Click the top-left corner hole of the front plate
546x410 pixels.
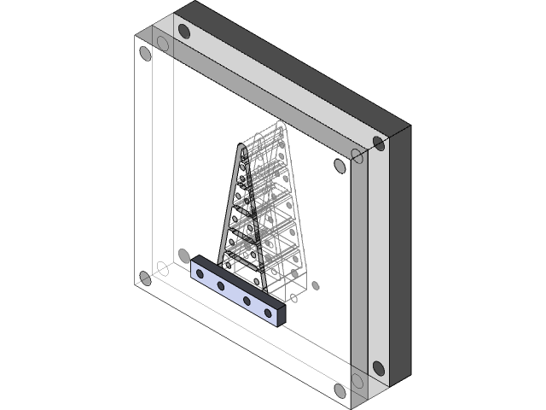[x=145, y=54]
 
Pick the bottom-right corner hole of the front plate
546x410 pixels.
[x=340, y=390]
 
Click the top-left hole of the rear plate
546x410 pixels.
[x=183, y=32]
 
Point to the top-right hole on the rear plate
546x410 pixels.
[x=378, y=143]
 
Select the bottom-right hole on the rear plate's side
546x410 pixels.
[x=378, y=368]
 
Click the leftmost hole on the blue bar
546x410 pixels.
[x=200, y=272]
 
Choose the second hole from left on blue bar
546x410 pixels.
[x=222, y=285]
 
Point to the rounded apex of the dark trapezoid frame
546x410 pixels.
[x=241, y=150]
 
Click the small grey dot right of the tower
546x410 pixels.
[x=316, y=286]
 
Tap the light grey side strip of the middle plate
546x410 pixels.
[x=378, y=265]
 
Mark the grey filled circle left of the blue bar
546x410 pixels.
[x=183, y=255]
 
